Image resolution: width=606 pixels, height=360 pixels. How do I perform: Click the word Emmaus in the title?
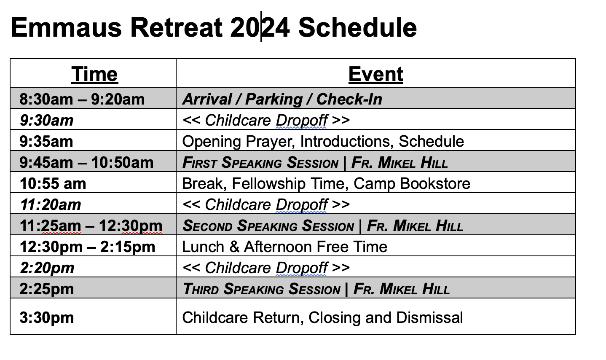pyautogui.click(x=66, y=27)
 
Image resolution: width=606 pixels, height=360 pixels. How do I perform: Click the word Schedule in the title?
pyautogui.click(x=357, y=27)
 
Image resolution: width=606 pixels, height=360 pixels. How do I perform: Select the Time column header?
pyautogui.click(x=94, y=74)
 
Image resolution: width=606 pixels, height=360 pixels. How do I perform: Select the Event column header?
pyautogui.click(x=376, y=74)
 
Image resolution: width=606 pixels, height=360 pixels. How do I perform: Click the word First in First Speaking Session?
pyautogui.click(x=200, y=163)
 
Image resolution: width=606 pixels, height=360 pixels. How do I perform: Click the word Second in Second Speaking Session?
pyautogui.click(x=207, y=226)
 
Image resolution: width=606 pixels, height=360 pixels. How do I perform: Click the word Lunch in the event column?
pyautogui.click(x=203, y=247)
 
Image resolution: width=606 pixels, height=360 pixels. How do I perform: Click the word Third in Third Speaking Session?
pyautogui.click(x=201, y=289)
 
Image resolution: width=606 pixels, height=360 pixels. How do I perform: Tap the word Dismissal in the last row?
pyautogui.click(x=429, y=317)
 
